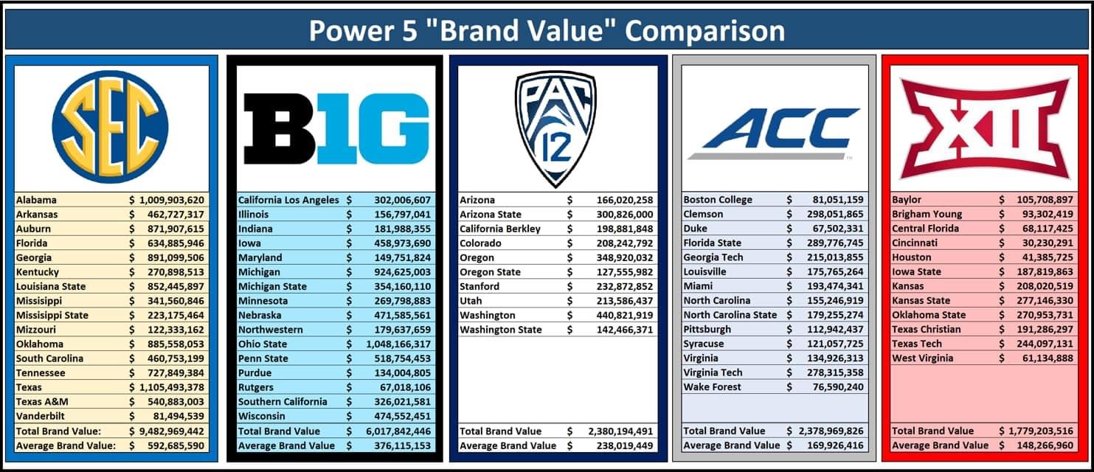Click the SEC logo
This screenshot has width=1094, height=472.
(x=111, y=127)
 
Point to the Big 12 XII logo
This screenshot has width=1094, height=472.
(x=985, y=129)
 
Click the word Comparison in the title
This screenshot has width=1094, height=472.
(x=704, y=30)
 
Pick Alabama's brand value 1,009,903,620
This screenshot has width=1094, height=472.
(x=171, y=200)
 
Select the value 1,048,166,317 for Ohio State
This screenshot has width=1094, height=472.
(x=398, y=344)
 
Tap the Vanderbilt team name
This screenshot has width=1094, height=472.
(x=40, y=417)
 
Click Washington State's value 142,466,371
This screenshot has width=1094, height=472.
(x=625, y=330)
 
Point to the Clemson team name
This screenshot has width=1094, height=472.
(x=702, y=215)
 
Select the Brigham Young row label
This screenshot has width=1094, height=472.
(x=927, y=215)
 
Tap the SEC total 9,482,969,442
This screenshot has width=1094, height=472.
(x=171, y=431)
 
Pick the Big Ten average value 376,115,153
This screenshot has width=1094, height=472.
(x=403, y=445)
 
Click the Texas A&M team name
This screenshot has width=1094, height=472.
(x=42, y=402)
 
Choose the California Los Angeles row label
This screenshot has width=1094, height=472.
(x=288, y=200)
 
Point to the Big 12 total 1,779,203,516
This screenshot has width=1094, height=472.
(x=1041, y=431)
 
